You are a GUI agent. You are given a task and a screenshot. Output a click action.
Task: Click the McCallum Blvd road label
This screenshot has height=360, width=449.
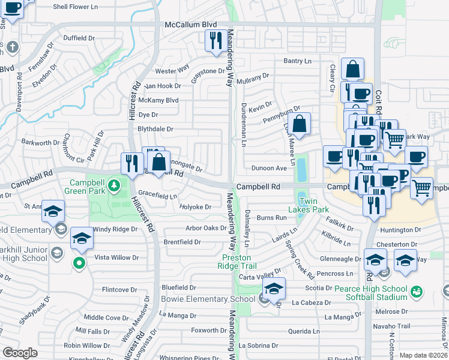pos(191,24)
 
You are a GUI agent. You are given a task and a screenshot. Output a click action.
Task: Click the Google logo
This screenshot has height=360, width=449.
pos(20,353)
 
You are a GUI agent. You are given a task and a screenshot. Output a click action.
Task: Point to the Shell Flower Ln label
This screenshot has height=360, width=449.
pos(76,7)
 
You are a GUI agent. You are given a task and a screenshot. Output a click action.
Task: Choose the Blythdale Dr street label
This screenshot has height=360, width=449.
pos(155,129)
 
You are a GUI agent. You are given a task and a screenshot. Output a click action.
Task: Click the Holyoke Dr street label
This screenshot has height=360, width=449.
pos(196,207)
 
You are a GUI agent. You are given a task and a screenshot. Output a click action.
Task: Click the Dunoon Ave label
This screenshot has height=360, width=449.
pos(269,169)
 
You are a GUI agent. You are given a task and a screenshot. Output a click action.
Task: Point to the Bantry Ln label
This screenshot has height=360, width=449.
pos(298,61)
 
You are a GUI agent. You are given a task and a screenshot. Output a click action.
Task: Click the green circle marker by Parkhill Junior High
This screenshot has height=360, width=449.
pos(79,262)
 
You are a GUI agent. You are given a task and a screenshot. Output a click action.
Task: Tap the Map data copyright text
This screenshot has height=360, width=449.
pos(423,355)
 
